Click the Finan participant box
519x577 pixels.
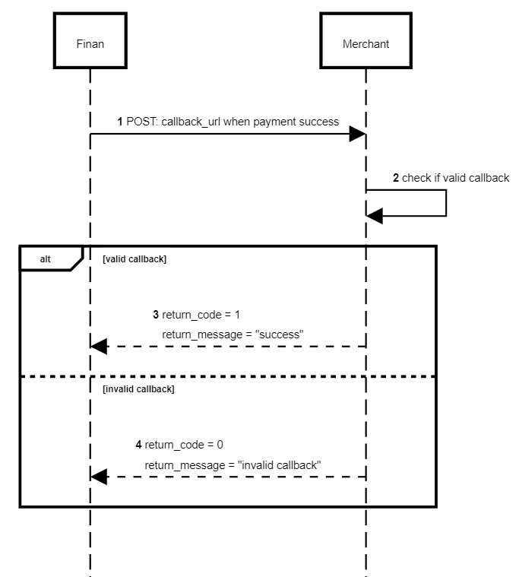pyautogui.click(x=90, y=43)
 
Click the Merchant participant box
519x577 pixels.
pyautogui.click(x=366, y=43)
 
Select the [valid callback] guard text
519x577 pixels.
pyautogui.click(x=134, y=259)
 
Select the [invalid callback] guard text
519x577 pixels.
pyautogui.click(x=138, y=389)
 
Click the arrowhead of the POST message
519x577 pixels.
pyautogui.click(x=358, y=135)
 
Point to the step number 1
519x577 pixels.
pyautogui.click(x=120, y=122)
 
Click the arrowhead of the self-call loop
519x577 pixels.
pyautogui.click(x=374, y=216)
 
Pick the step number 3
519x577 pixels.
pyautogui.click(x=156, y=314)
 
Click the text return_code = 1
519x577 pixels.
pyautogui.click(x=201, y=314)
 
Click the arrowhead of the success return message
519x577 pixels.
pyautogui.click(x=98, y=347)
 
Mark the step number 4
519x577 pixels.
pyautogui.click(x=138, y=445)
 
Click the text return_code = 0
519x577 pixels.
pyautogui.click(x=184, y=445)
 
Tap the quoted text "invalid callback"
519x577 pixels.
pyautogui.click(x=280, y=464)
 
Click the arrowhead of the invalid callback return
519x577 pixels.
pyautogui.click(x=98, y=477)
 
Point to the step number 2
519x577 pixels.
pyautogui.click(x=396, y=178)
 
